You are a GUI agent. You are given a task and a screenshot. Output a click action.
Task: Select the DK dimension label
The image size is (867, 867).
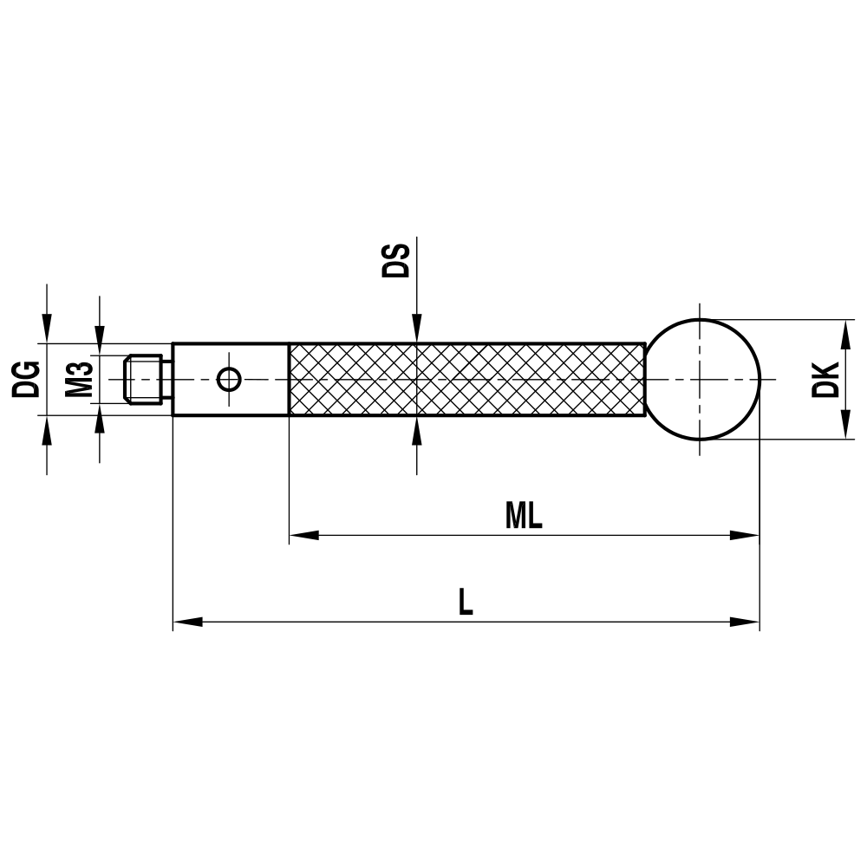(x=826, y=379)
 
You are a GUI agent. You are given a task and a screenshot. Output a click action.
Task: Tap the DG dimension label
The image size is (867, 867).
(x=26, y=379)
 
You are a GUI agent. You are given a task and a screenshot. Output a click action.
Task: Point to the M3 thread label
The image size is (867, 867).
(x=80, y=379)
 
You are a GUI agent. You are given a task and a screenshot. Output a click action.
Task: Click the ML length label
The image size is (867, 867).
(x=524, y=517)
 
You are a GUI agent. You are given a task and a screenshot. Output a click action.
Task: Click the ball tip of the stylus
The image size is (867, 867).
(x=703, y=380)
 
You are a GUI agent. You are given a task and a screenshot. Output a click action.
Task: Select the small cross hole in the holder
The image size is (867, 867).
(x=229, y=379)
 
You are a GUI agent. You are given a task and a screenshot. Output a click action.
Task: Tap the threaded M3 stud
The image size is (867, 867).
(x=145, y=379)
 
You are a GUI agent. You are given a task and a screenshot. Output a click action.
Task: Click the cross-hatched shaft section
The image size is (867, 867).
(x=466, y=380)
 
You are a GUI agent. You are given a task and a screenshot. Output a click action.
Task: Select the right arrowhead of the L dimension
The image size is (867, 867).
(x=746, y=622)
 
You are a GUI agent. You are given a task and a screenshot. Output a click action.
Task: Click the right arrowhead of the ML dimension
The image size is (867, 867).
(x=746, y=535)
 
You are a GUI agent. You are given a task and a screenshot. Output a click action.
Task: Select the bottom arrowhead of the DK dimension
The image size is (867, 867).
(x=844, y=427)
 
